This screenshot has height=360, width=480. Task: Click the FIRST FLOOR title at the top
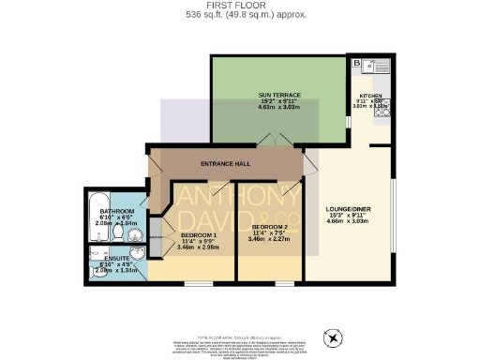(240, 6)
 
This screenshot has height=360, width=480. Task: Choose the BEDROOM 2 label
(268, 227)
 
